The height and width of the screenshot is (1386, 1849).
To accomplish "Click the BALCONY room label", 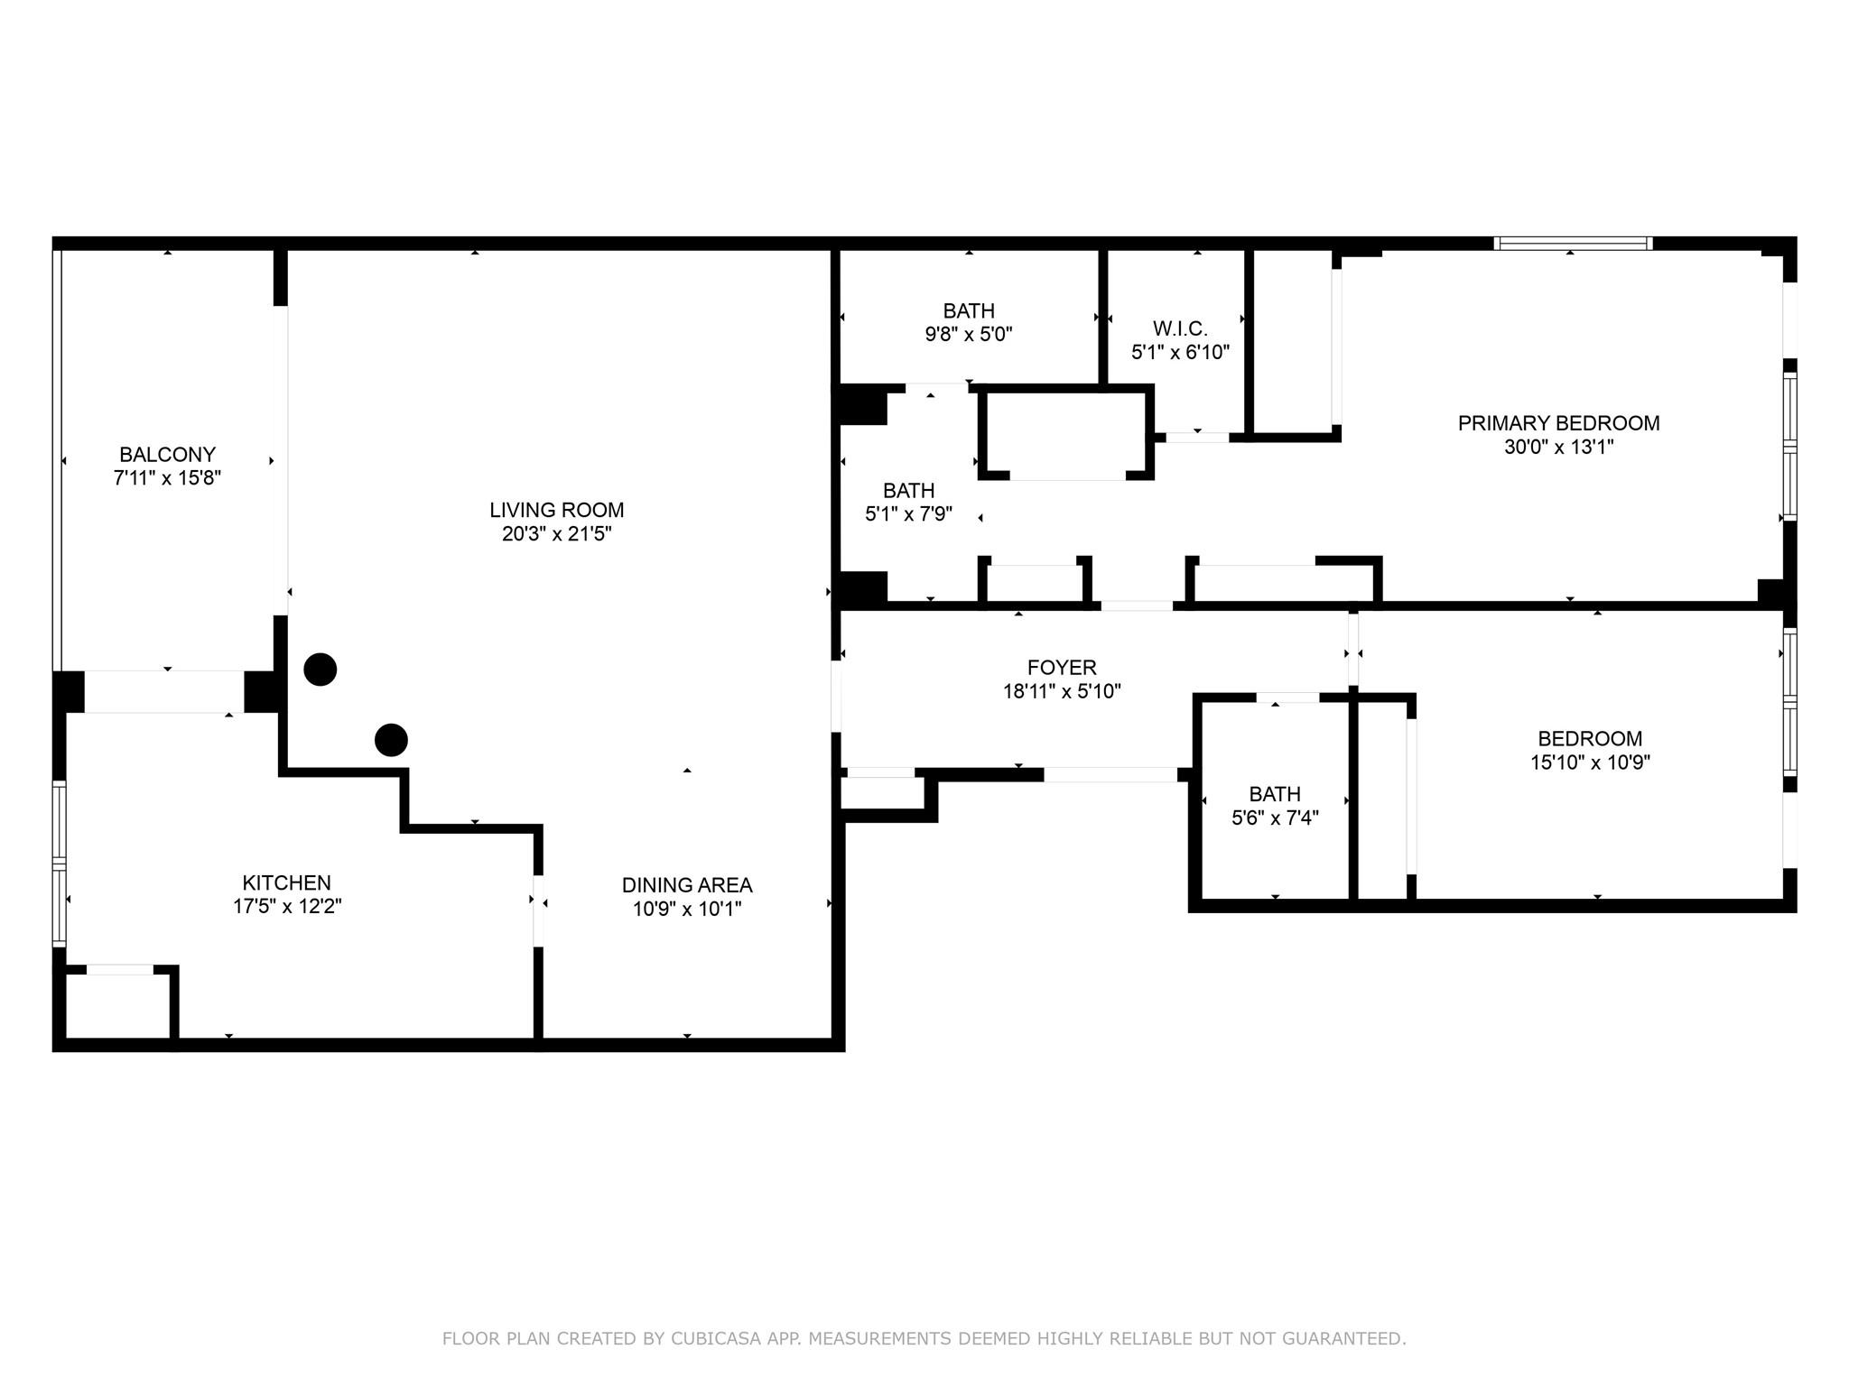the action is pos(167,454).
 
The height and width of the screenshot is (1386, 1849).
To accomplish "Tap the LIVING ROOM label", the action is pos(557,510).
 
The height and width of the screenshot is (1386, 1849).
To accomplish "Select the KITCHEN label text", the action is pos(286,882).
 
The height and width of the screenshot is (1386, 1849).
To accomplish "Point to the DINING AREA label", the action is pos(687,885).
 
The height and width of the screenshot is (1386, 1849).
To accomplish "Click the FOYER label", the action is pos(1062,668).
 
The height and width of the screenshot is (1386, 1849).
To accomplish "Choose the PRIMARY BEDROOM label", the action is pos(1558,422).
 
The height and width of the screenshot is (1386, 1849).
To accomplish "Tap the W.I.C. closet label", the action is pos(1180,328).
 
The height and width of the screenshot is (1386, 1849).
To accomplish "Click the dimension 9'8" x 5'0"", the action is pos(969,334).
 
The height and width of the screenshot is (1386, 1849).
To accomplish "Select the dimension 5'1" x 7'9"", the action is pos(909,514).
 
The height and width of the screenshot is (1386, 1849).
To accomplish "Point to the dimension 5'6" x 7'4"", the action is pos(1275,818).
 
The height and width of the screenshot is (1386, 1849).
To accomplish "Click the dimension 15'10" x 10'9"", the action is pos(1590,762).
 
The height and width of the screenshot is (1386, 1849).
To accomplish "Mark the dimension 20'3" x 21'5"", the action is pos(557,533).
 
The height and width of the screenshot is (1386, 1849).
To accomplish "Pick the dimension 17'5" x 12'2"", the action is pos(287,906).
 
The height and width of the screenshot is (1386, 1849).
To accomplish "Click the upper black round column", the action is pos(321,670).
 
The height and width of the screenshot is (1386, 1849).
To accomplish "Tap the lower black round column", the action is pos(391,740).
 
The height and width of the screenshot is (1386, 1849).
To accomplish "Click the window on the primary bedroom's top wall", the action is pos(1573,243).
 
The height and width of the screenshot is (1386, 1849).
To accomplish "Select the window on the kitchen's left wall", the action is pos(60,863).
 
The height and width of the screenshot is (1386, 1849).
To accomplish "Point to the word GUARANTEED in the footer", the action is pos(1351,1338).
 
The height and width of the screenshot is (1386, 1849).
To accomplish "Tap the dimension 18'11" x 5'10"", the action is pos(1062,691).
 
